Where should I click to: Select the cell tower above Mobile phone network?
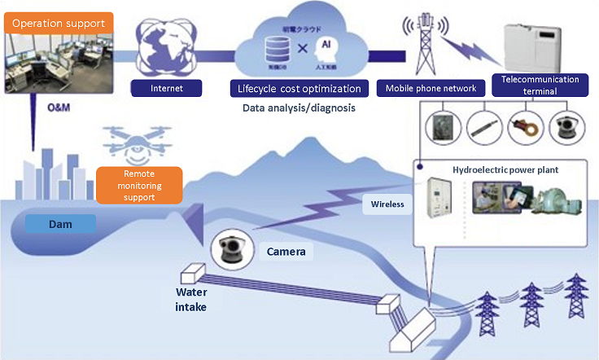click(x=426, y=45)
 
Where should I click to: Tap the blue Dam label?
click(x=59, y=222)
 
